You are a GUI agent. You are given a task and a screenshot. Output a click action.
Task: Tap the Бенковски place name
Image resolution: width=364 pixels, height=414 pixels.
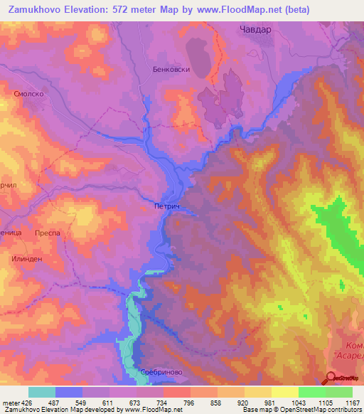click(170, 70)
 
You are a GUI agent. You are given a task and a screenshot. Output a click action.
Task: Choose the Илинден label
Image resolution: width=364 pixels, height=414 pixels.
click(27, 259)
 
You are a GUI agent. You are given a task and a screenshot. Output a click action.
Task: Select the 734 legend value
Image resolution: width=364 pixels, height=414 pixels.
click(150, 403)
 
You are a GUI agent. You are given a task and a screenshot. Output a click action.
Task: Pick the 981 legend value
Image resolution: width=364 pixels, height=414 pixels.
click(258, 403)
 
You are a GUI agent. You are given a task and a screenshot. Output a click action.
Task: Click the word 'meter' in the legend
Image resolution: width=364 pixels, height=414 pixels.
click(9, 403)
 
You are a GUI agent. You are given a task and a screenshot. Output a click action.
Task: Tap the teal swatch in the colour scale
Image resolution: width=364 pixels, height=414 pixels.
click(42, 392)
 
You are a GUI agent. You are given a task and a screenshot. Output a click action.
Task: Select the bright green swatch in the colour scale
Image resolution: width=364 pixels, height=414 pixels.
click(311, 392)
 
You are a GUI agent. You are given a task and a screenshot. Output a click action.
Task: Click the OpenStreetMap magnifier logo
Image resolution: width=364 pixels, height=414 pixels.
click(333, 378)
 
